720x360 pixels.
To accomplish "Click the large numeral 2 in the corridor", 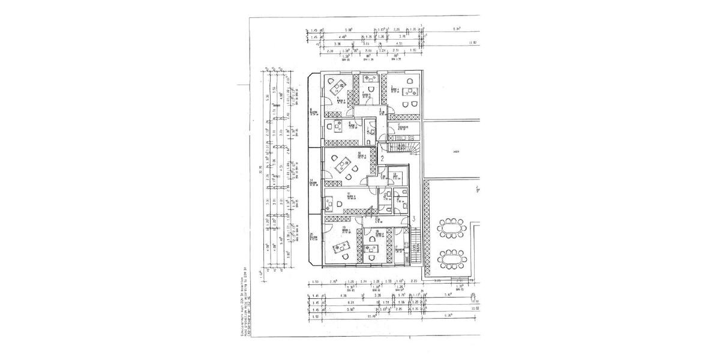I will [382, 159].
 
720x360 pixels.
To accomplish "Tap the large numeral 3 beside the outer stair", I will [414, 219].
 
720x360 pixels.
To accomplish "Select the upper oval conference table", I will [453, 229].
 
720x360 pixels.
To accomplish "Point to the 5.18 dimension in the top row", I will [349, 29].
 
